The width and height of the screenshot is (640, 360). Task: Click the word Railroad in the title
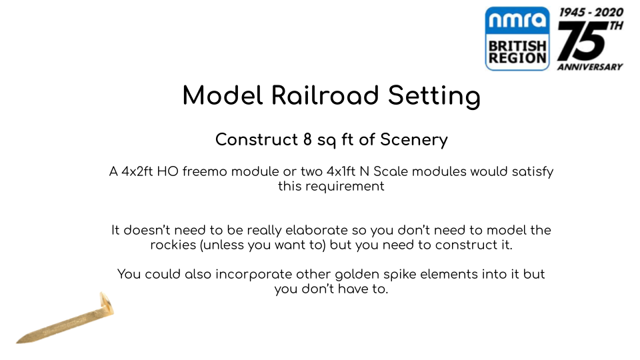(325, 95)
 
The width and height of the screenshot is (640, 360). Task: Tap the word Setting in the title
(434, 96)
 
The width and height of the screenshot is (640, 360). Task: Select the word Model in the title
(223, 95)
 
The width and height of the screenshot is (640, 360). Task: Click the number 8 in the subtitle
(307, 139)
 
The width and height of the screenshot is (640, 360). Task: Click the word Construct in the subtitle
(256, 139)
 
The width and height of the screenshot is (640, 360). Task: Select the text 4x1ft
(341, 171)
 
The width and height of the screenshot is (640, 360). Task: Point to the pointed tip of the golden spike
(18, 341)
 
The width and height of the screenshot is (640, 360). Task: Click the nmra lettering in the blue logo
(517, 19)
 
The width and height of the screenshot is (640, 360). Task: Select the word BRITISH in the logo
(517, 46)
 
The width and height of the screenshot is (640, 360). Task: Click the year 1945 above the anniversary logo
(572, 13)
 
